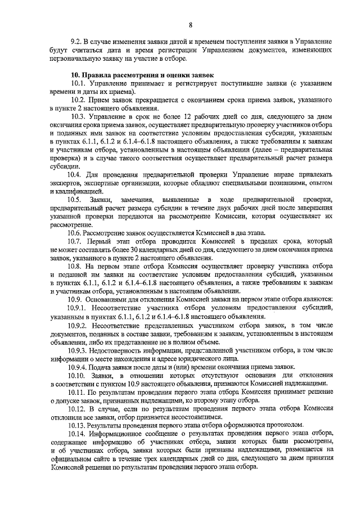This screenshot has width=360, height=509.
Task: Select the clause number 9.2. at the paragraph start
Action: pos(76,42)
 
